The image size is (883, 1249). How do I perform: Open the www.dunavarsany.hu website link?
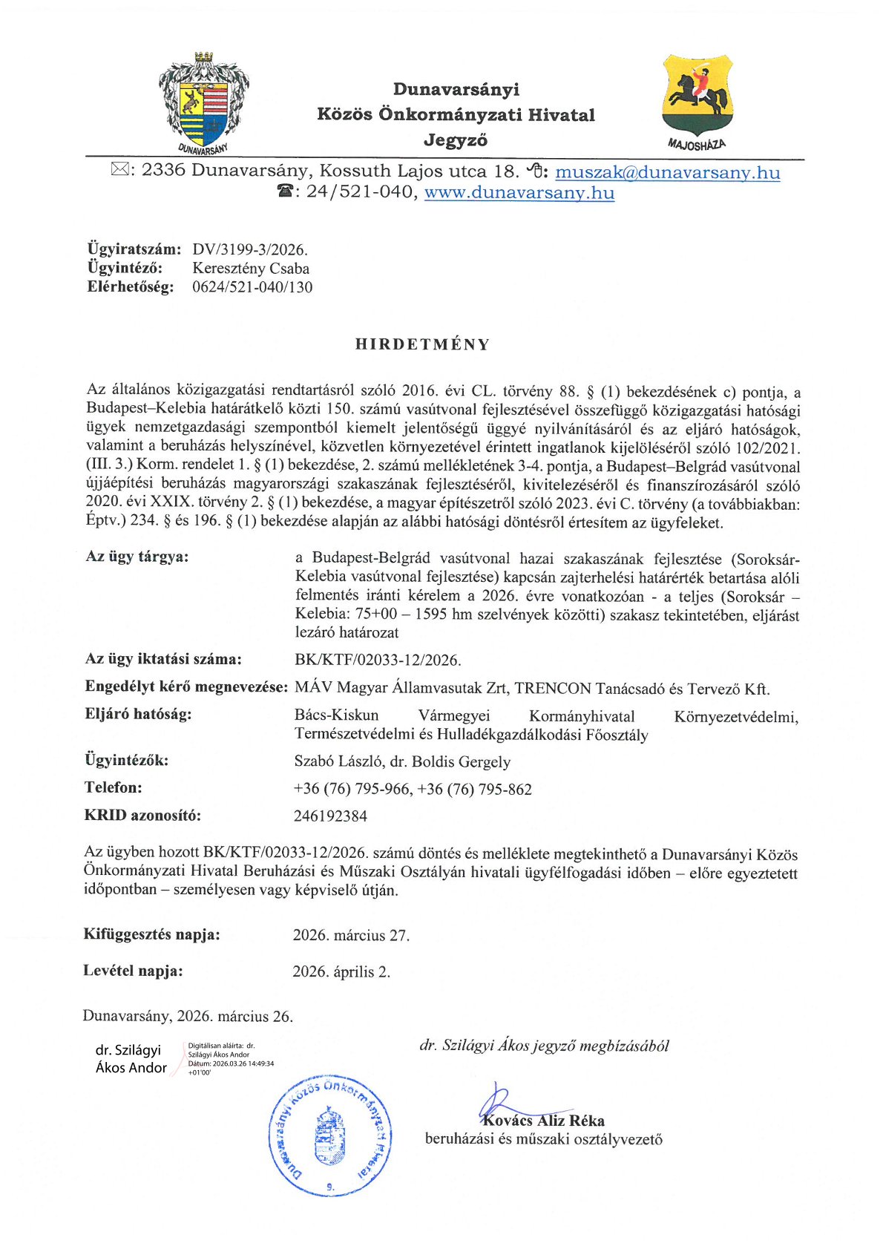coord(519,193)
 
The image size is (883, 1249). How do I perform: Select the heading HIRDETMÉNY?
coord(422,344)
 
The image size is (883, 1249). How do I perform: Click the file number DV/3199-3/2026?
coord(249,249)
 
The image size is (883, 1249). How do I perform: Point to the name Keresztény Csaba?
coord(251,269)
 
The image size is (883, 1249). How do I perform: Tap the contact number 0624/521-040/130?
coord(252,287)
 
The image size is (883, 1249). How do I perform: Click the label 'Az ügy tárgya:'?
coord(137,557)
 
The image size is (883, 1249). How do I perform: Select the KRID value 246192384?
coord(330,816)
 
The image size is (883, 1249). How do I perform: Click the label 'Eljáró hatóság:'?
coord(138,715)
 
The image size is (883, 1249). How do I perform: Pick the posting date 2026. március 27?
coord(351,935)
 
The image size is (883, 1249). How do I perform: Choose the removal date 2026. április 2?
coord(341,971)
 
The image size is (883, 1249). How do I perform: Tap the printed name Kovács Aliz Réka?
coord(544,1121)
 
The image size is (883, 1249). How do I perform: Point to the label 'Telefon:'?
coord(114,787)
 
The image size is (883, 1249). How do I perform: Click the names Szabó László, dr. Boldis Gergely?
coord(402,761)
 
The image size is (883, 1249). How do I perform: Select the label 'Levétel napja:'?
coord(133,971)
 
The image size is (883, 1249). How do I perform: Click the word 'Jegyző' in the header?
coord(456,140)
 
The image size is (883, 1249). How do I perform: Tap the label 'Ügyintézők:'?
coord(126,760)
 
